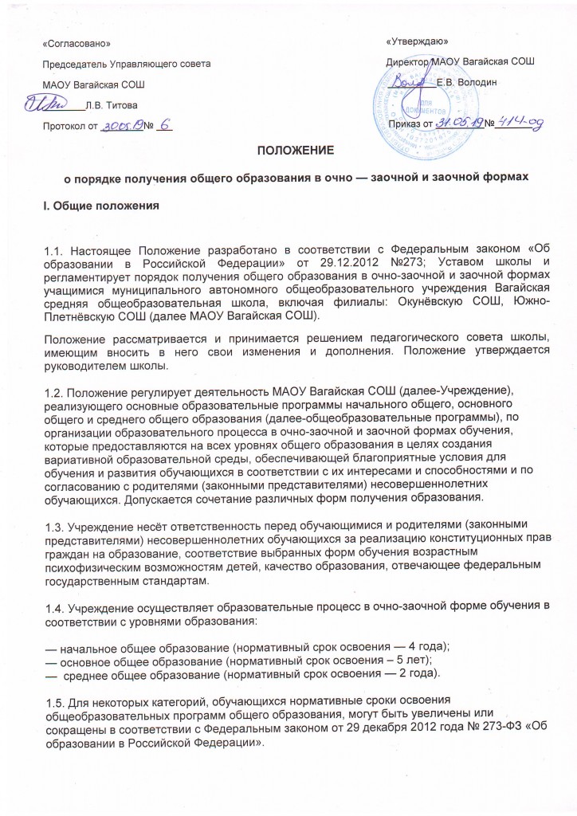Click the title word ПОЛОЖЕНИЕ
click(288, 150)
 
